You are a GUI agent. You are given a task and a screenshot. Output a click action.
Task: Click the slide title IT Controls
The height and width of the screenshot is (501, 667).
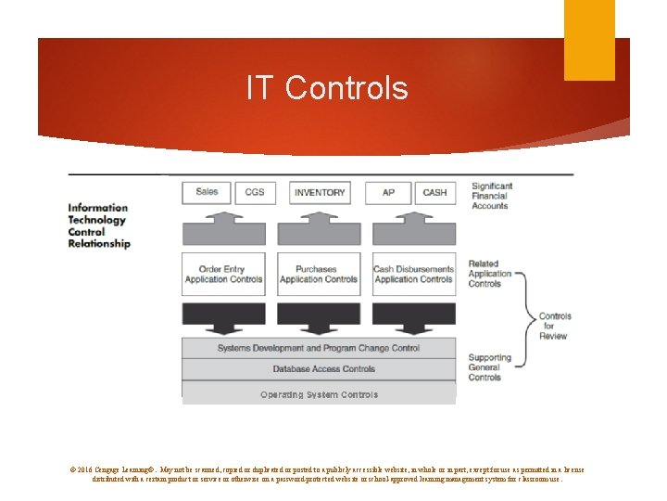(x=327, y=88)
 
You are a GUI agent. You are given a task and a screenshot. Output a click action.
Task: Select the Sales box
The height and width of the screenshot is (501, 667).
(x=208, y=192)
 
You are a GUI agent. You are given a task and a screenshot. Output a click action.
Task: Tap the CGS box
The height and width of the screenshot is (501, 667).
(x=255, y=192)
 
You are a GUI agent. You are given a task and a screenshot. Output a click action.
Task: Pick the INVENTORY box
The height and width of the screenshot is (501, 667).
(x=320, y=192)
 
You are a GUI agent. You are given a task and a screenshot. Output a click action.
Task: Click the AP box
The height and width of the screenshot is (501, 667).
(x=388, y=192)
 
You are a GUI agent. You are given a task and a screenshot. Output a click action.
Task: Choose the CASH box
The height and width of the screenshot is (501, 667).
(x=434, y=192)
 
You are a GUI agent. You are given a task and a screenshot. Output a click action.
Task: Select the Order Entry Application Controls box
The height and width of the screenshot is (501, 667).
(x=224, y=275)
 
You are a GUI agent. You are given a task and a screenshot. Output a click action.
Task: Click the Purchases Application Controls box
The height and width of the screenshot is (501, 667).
(x=319, y=275)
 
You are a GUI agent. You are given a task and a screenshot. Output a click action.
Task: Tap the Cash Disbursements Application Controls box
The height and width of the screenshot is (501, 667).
(x=413, y=275)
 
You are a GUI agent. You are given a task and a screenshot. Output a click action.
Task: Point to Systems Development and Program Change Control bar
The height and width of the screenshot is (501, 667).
(x=319, y=348)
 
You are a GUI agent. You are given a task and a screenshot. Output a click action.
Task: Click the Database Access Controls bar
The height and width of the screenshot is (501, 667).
(x=319, y=369)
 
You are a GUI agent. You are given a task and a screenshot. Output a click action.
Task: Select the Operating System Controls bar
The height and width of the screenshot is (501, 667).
(x=319, y=394)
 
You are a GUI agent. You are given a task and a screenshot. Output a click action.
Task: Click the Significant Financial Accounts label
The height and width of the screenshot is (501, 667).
(x=491, y=196)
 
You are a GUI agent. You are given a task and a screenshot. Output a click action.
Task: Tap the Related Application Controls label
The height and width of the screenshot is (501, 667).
(x=490, y=274)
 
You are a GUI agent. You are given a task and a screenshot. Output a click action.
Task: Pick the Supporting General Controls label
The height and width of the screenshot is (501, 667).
(x=489, y=367)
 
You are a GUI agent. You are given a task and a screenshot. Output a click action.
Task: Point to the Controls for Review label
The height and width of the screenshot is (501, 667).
(x=555, y=326)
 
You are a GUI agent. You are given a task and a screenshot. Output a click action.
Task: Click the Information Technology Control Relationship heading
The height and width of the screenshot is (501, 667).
(x=99, y=225)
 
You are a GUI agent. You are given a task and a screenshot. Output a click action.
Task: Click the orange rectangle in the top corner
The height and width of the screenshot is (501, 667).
(x=589, y=40)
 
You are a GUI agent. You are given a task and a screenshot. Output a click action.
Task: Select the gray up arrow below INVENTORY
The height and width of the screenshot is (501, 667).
(x=320, y=228)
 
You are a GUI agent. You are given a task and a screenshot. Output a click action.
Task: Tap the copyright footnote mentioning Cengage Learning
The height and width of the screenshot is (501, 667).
(x=327, y=474)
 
